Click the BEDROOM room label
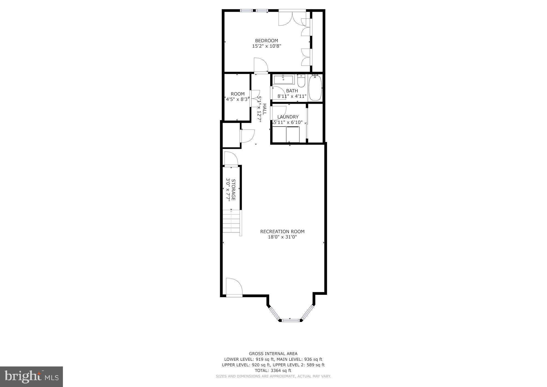(x=266, y=41)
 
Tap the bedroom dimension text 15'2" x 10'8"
(x=266, y=46)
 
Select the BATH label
(x=292, y=91)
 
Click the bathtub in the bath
(x=315, y=88)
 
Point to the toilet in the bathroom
(x=301, y=81)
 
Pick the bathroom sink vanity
(x=283, y=80)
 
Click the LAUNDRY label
(x=288, y=117)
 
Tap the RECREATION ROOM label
(x=282, y=232)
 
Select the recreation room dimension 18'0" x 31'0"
(x=282, y=237)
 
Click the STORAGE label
(x=233, y=189)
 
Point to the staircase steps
(x=232, y=223)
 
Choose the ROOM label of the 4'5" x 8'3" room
(x=238, y=94)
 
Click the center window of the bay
(x=290, y=320)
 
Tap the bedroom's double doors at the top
(x=292, y=18)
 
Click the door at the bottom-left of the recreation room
(x=234, y=287)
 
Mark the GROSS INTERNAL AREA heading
(x=273, y=354)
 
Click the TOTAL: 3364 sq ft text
(x=273, y=371)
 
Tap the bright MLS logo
(x=31, y=377)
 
